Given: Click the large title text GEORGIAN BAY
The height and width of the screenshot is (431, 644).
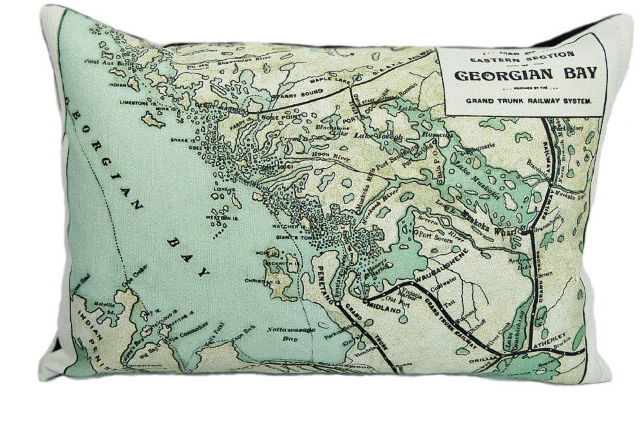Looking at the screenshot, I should (x=521, y=73).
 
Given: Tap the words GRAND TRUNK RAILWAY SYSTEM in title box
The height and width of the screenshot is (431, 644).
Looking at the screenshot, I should (x=521, y=101).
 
